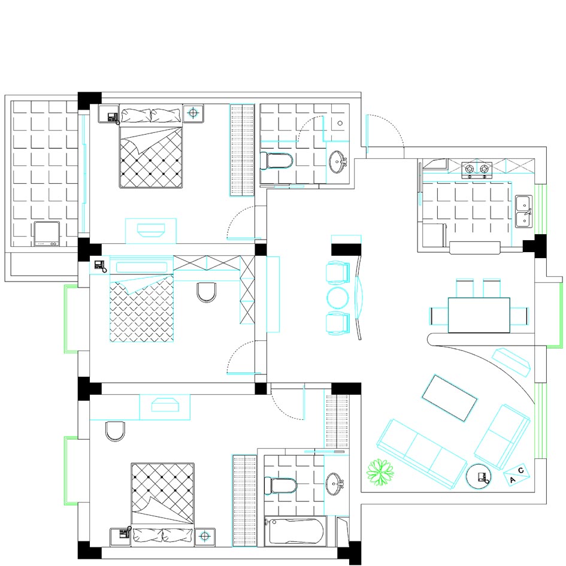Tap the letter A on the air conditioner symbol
(513, 480)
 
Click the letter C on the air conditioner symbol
(520, 470)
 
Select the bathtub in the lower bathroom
(295, 532)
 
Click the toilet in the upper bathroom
(277, 161)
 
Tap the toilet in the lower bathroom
(280, 486)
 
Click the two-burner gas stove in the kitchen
(477, 170)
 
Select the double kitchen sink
(523, 211)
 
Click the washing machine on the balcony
(47, 234)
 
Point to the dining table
(479, 315)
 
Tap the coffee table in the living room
(450, 398)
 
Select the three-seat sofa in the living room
(422, 454)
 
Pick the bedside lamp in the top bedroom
(193, 113)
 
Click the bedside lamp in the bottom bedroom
(205, 536)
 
